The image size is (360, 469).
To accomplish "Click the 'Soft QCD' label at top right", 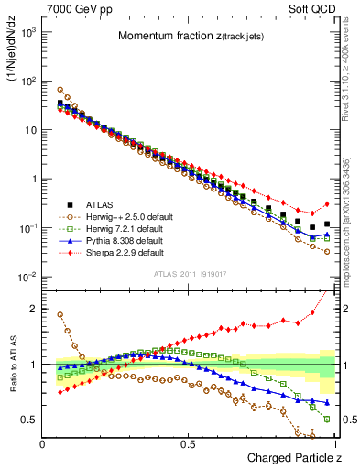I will click(x=312, y=8).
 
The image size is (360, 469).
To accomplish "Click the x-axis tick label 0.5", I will click(x=189, y=444).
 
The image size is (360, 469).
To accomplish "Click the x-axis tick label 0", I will click(x=43, y=444).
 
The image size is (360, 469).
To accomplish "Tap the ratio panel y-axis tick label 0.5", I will click(x=29, y=420).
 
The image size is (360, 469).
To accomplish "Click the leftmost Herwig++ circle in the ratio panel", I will click(x=60, y=314).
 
